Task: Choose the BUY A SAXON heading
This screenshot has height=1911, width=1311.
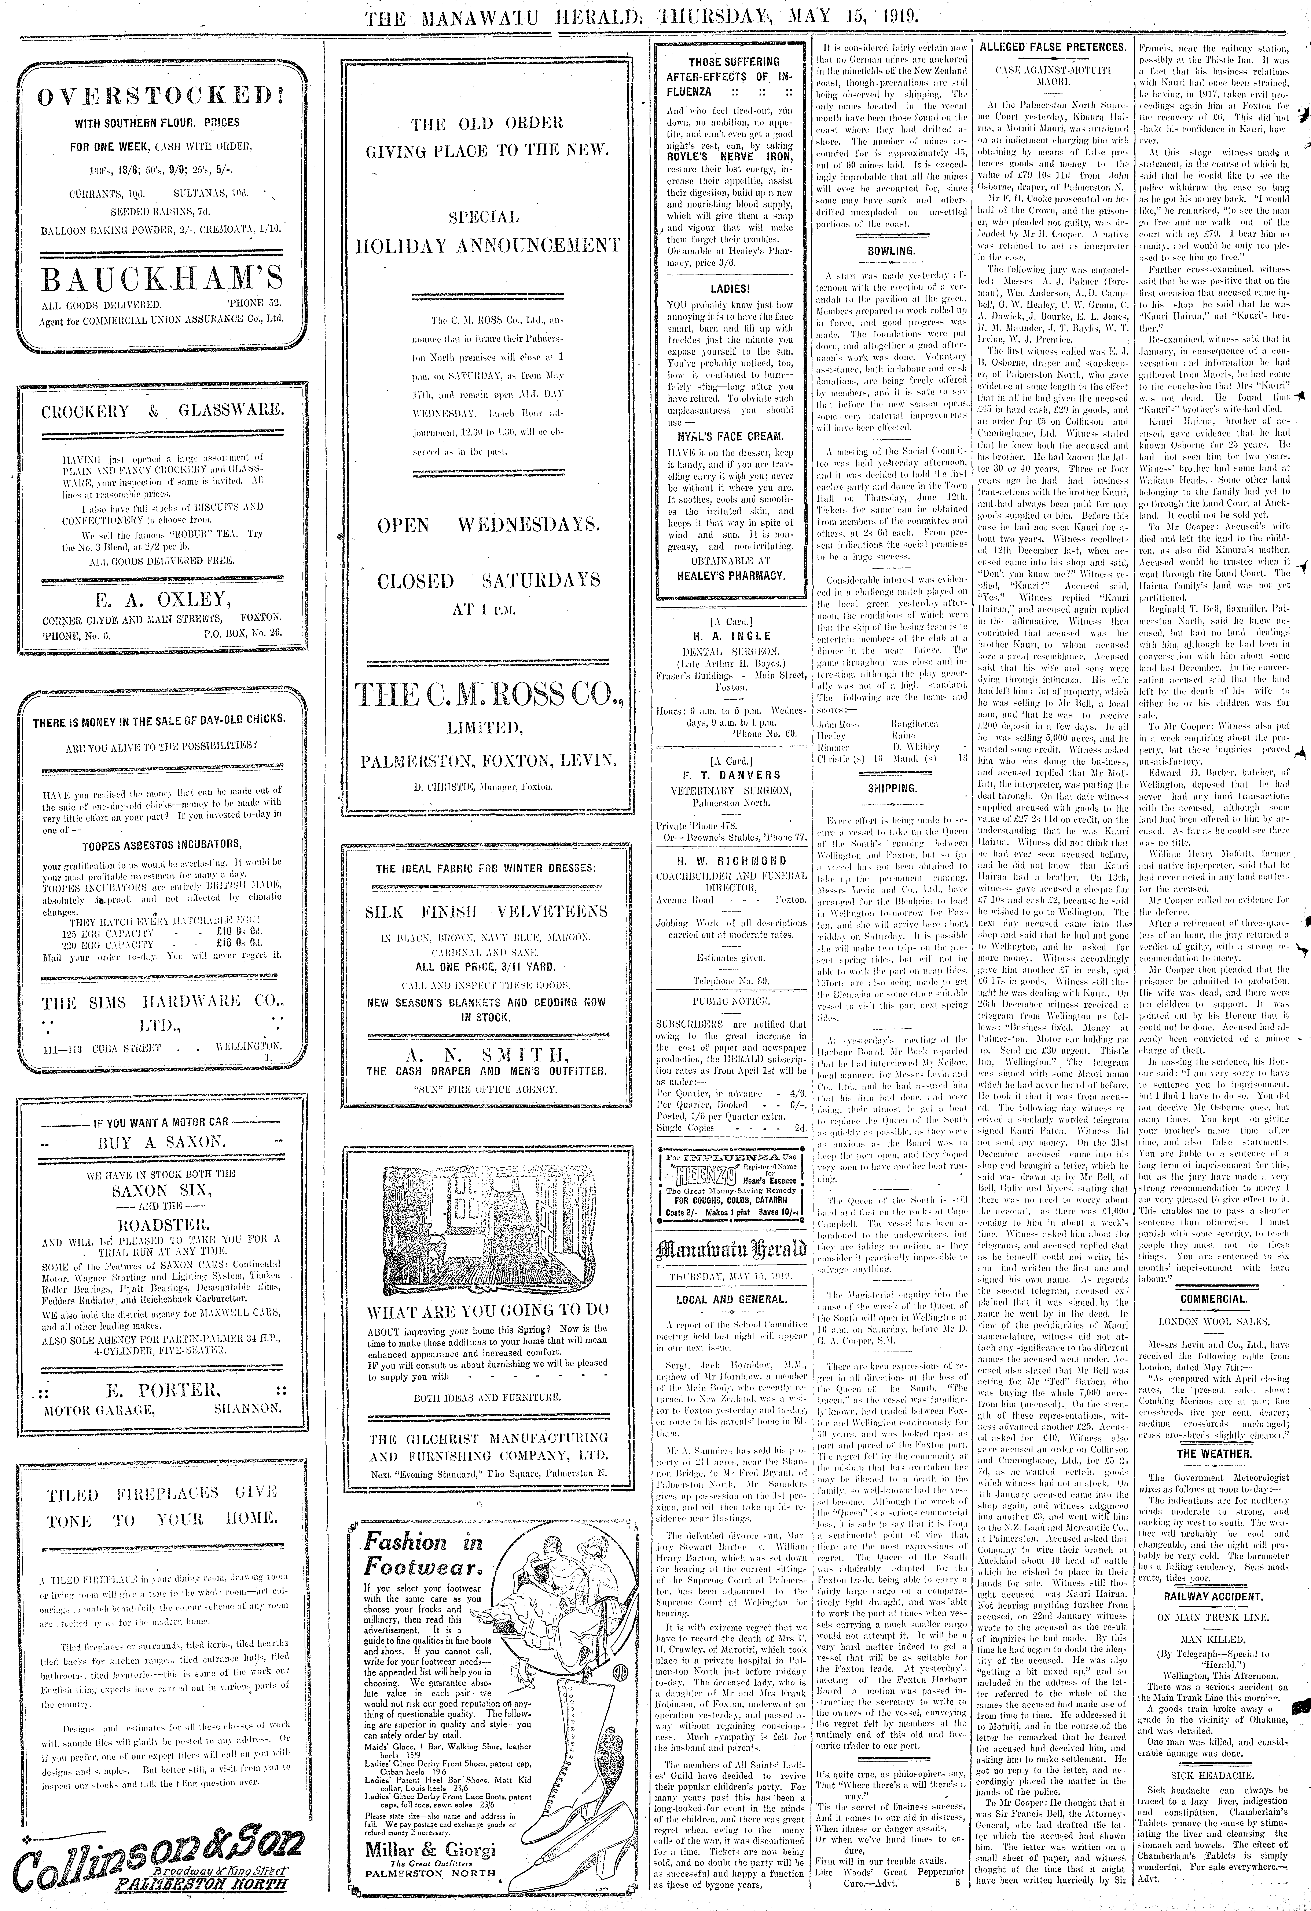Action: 161,1141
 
